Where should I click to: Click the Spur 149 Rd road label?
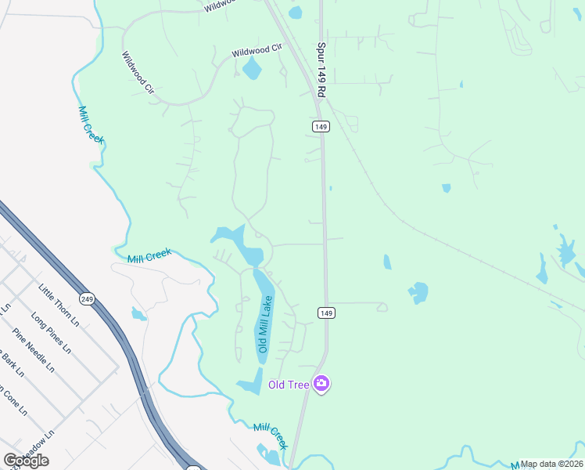321,69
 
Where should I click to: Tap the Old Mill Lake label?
264,324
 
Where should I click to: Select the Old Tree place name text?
287,384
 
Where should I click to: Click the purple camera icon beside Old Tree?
321,383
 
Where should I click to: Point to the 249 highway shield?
87,298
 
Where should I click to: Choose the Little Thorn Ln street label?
59,305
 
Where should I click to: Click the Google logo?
26,461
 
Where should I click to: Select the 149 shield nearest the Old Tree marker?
327,313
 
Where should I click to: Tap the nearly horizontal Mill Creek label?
149,256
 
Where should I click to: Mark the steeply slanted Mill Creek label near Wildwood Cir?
91,124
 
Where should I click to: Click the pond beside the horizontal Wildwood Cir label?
252,70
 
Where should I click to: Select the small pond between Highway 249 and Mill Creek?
138,315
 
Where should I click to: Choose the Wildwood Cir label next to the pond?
255,52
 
